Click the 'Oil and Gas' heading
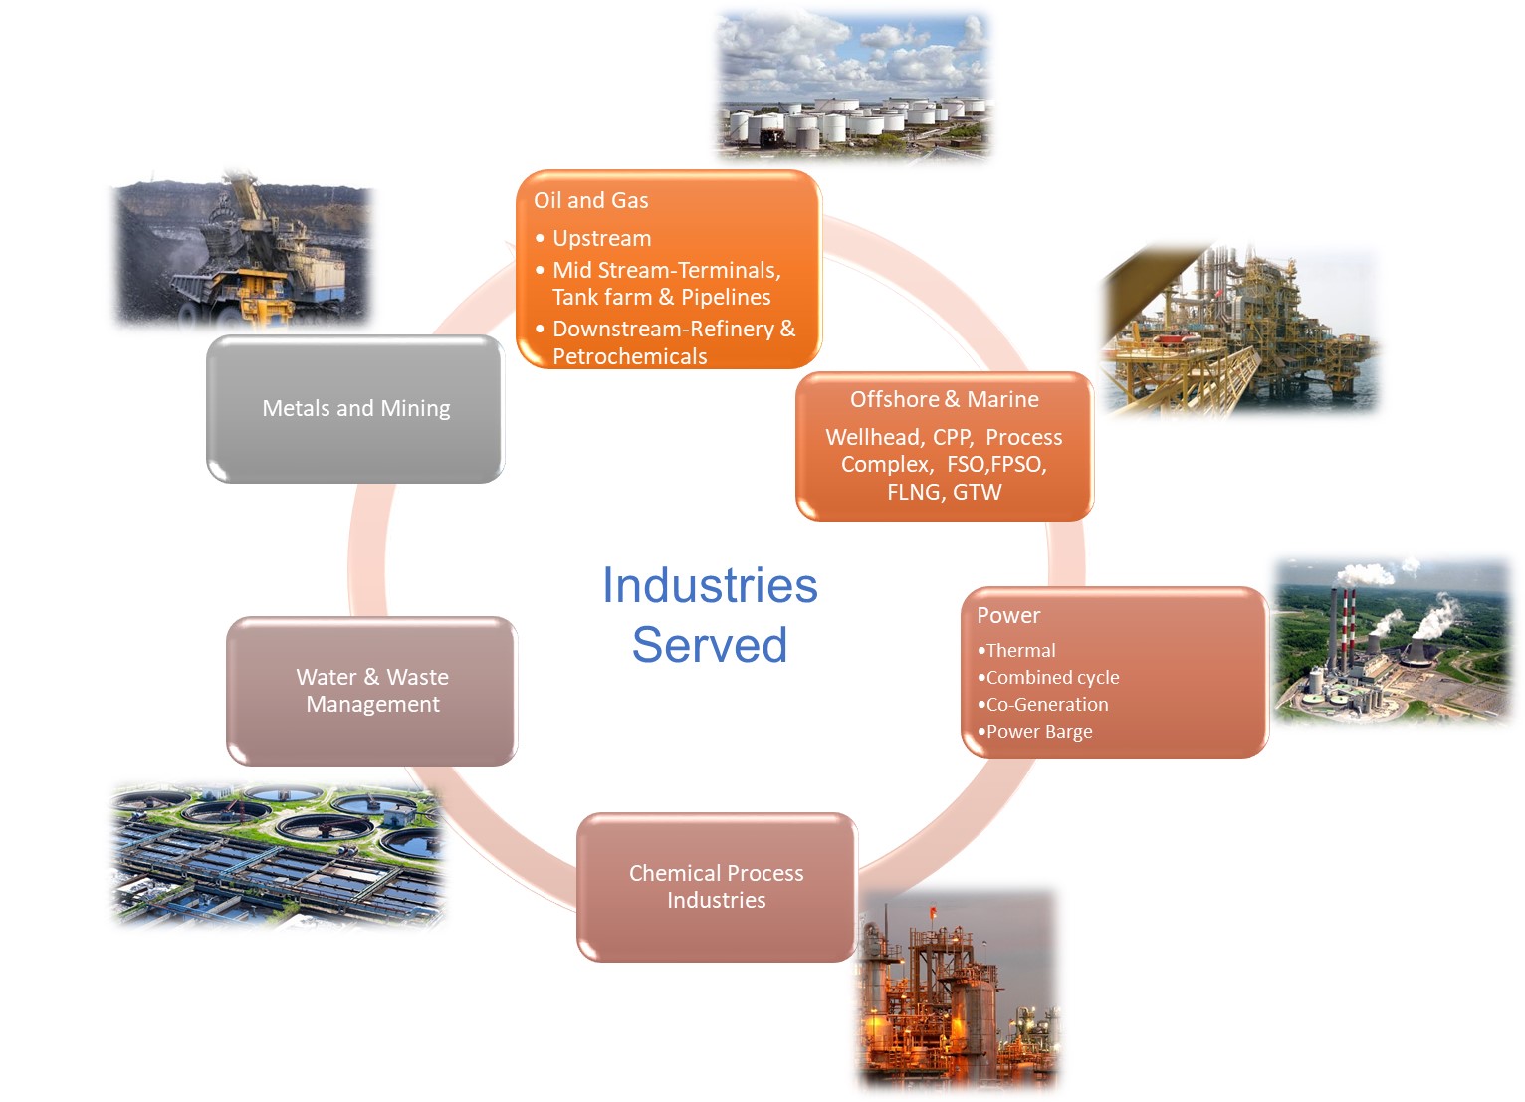pos(590,200)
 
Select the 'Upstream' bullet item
pos(601,238)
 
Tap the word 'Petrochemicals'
pos(629,356)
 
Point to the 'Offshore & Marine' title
pos(944,399)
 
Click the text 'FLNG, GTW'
pos(944,492)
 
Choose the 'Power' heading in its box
pos(1008,615)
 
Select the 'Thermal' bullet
pos(1020,650)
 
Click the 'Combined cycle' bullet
pos(1052,677)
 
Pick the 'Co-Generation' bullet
pos(1046,704)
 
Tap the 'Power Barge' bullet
pos(1038,731)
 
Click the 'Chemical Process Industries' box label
pos(716,886)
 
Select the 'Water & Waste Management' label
pos(372,690)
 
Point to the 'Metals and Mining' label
pos(355,408)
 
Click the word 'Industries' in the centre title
pos(710,585)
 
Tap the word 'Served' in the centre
pos(710,645)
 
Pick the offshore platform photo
pos(1239,329)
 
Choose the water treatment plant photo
pos(277,854)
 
